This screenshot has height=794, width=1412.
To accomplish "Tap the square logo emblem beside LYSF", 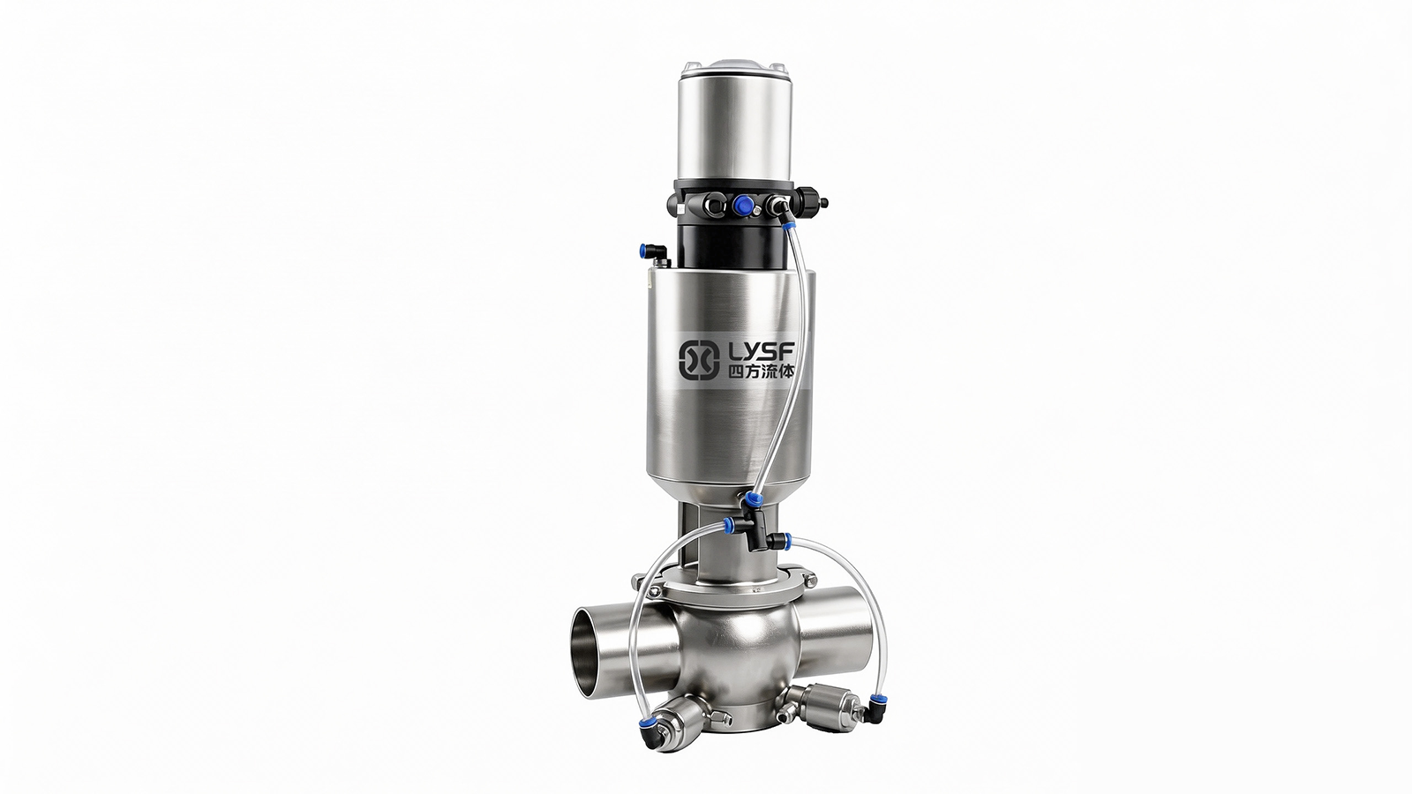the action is click(699, 361).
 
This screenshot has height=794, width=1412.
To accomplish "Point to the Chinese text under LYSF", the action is click(761, 371).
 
